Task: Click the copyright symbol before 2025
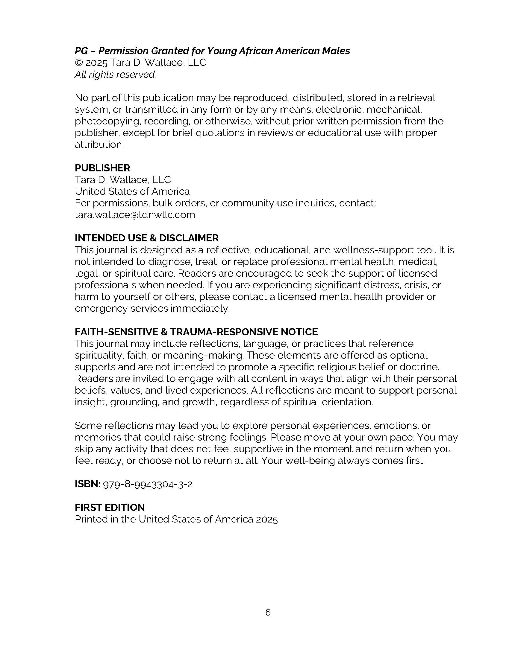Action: coord(79,63)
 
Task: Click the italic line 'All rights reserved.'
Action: coord(115,74)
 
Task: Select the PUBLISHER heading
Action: coord(102,168)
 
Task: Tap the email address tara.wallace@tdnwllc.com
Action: coord(135,215)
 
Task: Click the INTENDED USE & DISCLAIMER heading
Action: coord(146,238)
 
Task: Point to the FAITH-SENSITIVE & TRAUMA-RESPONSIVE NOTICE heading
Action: coord(196,332)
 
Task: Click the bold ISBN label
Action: coord(87,484)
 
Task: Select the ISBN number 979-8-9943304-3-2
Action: coord(148,485)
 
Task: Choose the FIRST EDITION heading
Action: coord(110,507)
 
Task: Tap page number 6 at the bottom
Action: coord(268,613)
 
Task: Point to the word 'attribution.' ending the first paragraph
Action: coord(99,145)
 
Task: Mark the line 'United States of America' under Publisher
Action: coord(132,191)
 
